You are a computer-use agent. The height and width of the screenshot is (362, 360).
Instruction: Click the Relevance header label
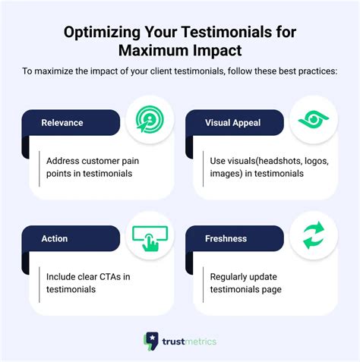(62, 121)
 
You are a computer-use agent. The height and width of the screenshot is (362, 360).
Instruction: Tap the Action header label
(54, 239)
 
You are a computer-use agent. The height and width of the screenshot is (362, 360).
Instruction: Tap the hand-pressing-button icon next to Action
(149, 238)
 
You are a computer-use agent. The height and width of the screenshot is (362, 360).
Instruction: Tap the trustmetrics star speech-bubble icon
(151, 341)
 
